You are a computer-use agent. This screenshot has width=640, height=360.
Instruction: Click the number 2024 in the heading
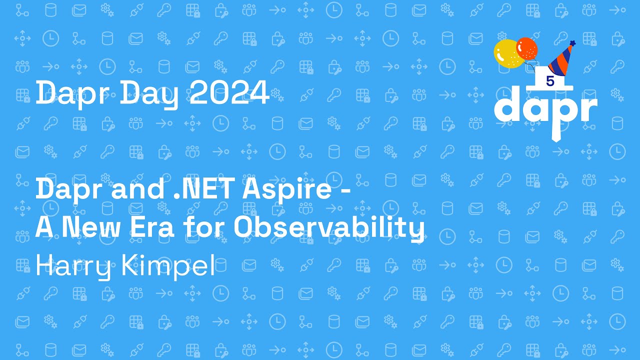[229, 92]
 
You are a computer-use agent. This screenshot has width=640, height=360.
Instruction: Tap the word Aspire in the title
[287, 189]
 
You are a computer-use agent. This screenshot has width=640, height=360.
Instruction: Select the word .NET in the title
[204, 188]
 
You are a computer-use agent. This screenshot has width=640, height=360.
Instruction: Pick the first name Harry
[73, 266]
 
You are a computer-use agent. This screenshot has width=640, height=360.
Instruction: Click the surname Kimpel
[168, 266]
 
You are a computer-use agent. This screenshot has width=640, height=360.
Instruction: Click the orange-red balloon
[527, 48]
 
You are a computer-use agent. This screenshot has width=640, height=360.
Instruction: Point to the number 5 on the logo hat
[550, 81]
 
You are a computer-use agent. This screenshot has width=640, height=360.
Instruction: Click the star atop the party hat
[572, 43]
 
